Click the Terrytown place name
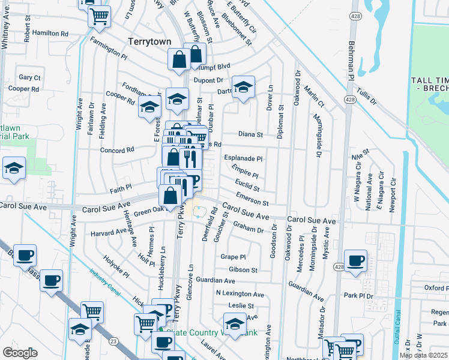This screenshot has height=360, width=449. click(x=149, y=41)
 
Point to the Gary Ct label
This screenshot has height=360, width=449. click(x=29, y=77)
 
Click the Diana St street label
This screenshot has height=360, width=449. click(x=251, y=135)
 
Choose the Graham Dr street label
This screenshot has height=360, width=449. click(x=248, y=227)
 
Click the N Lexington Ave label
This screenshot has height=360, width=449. click(x=240, y=295)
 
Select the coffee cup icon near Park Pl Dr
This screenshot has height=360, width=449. click(x=355, y=261)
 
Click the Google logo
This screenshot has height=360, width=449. click(x=20, y=353)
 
